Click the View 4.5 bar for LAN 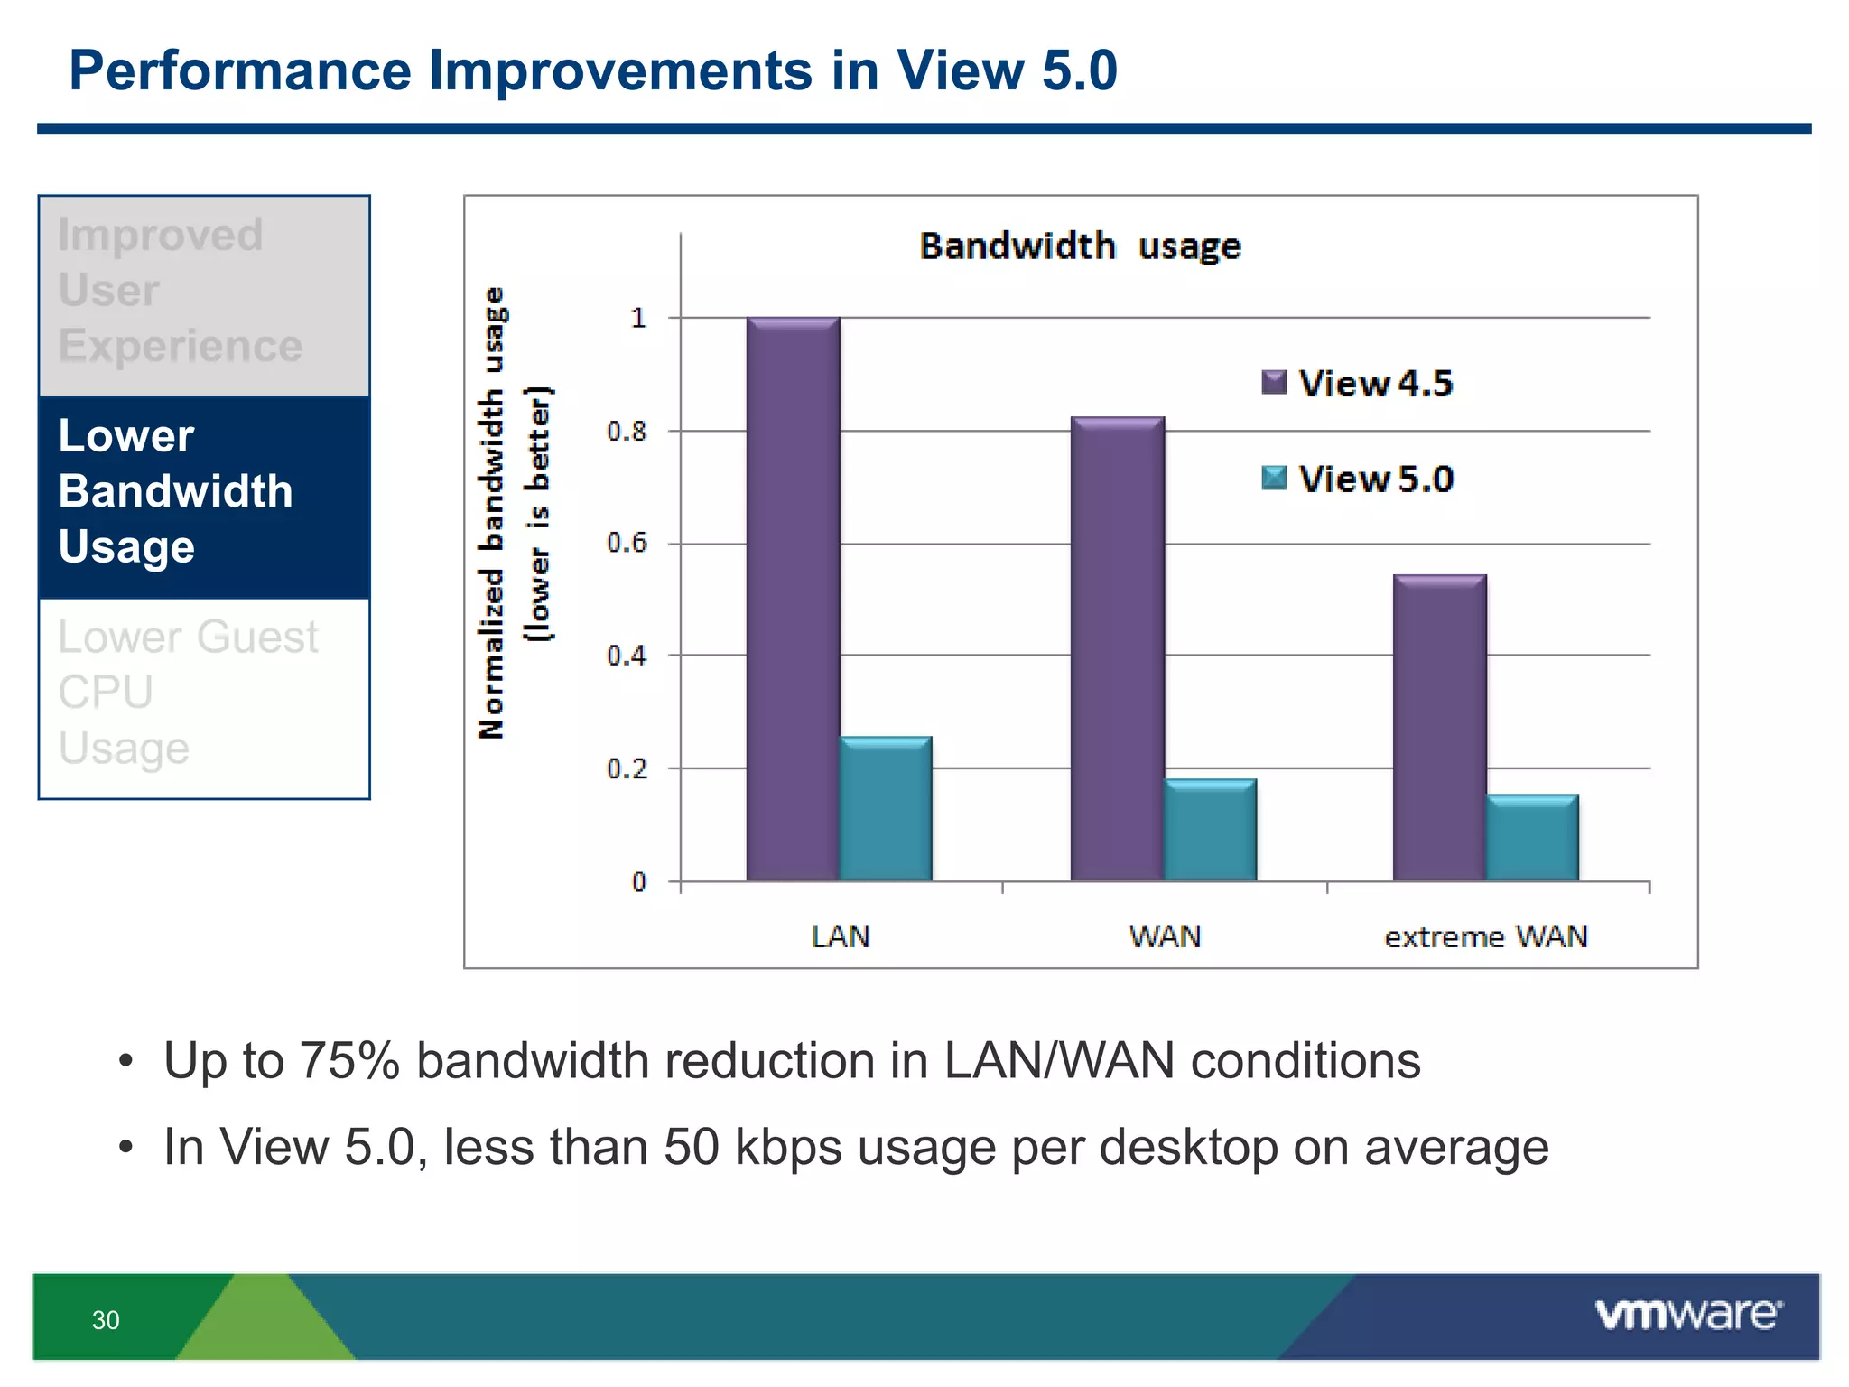793,599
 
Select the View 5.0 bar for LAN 886,808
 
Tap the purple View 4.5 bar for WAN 1117,648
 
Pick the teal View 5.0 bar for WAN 1210,829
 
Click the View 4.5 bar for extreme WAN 1439,727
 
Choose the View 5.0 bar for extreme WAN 1532,837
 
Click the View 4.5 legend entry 1358,383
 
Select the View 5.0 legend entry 1358,479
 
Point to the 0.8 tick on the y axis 627,432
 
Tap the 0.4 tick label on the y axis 627,656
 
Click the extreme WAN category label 1485,936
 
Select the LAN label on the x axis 840,936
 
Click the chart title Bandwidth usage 1080,246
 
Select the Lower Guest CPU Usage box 204,693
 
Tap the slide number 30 106,1320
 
